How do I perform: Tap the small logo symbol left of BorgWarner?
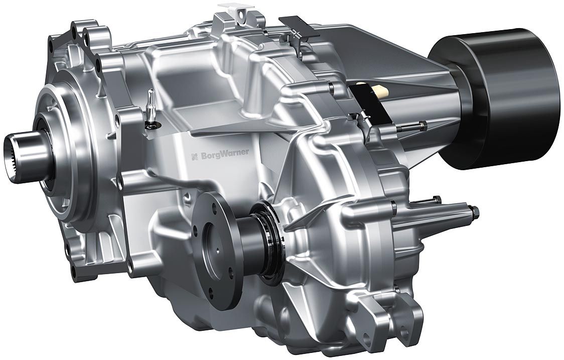click(x=195, y=156)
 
